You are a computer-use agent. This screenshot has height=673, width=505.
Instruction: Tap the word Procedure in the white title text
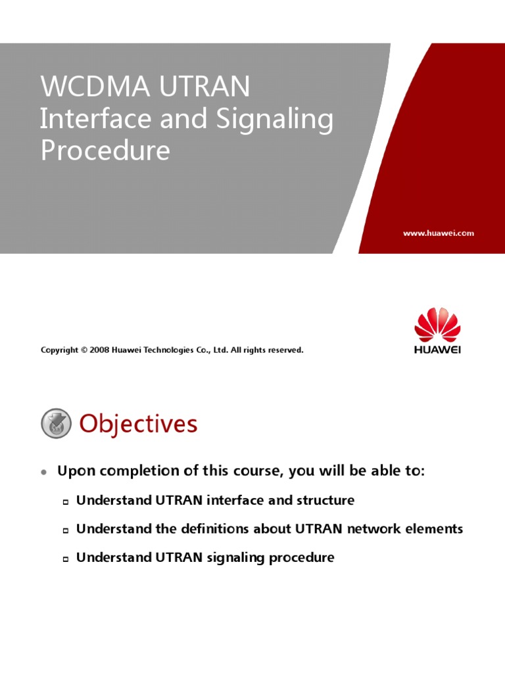(x=105, y=151)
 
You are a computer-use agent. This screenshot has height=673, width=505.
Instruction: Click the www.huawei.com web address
(x=438, y=233)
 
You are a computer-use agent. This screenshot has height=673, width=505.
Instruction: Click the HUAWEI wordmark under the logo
(x=437, y=350)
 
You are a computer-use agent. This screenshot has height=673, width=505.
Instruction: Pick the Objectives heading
(x=138, y=424)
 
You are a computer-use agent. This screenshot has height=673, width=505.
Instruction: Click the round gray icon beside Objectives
(x=56, y=424)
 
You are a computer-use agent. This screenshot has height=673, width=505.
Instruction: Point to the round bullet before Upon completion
(x=44, y=472)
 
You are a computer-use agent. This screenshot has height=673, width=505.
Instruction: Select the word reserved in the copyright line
(x=286, y=350)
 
